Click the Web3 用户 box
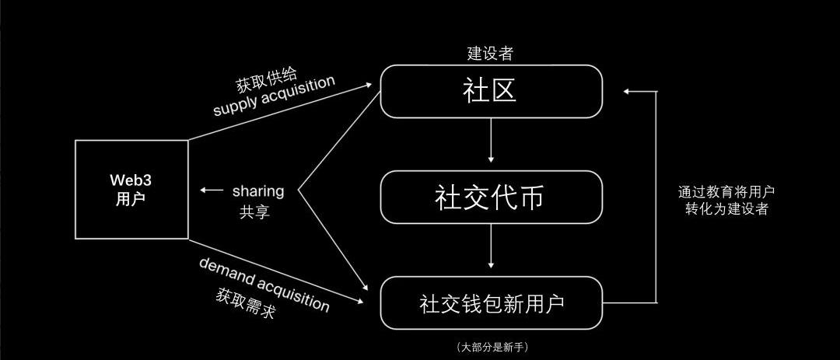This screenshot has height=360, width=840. [131, 189]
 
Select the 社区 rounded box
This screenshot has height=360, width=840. [491, 91]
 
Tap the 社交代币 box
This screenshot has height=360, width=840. [491, 197]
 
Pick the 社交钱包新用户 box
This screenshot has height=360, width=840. [491, 302]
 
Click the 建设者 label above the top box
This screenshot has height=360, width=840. [489, 54]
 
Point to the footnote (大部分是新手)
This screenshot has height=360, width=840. [494, 347]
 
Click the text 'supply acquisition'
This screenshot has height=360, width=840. [274, 96]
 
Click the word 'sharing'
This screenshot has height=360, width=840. [258, 190]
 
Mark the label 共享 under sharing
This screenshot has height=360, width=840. [254, 211]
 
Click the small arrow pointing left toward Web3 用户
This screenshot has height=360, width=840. [210, 190]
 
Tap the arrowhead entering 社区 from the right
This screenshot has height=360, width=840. [627, 91]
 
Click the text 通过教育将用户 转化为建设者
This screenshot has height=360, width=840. [726, 200]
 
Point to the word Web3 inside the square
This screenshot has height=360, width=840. [130, 180]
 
